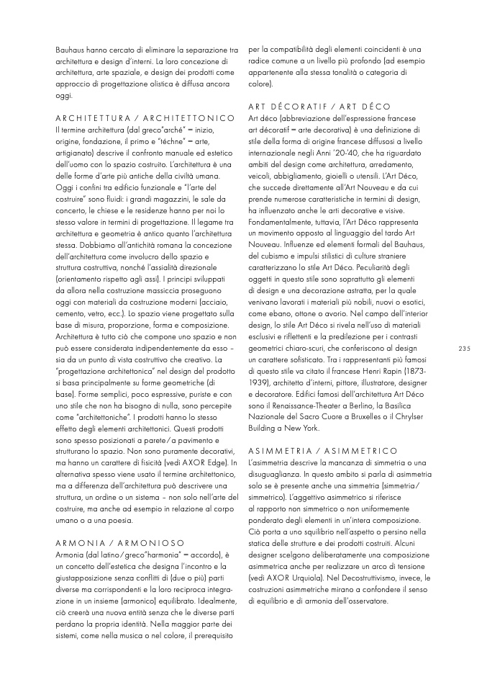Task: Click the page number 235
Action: pyautogui.click(x=463, y=349)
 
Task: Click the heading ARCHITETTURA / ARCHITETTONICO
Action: pyautogui.click(x=145, y=117)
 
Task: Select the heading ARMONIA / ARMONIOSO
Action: pyautogui.click(x=119, y=542)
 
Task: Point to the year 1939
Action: pyautogui.click(x=259, y=382)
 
